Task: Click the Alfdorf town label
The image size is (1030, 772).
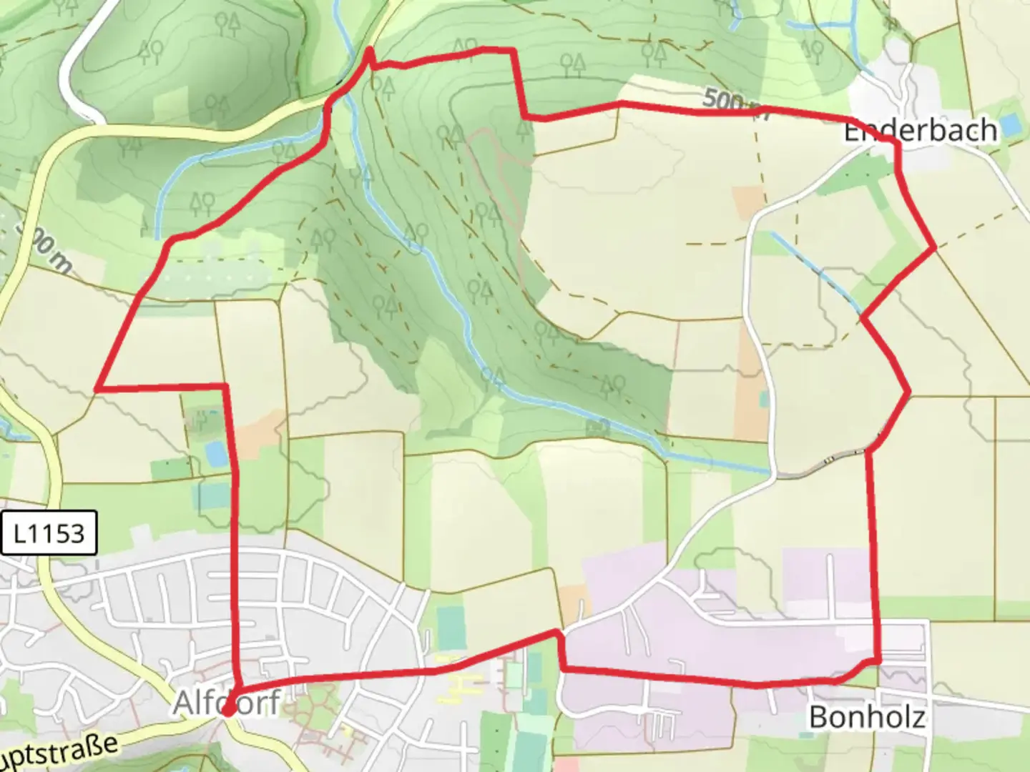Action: (x=226, y=703)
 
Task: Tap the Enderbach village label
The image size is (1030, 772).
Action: (x=920, y=131)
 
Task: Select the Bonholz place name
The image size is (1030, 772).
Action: (x=866, y=716)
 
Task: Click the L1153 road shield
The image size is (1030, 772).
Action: (x=49, y=533)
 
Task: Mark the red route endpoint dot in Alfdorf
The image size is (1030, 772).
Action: (x=227, y=711)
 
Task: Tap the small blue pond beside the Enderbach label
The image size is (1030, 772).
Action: (x=1010, y=125)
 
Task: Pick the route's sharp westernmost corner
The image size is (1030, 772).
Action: (x=97, y=388)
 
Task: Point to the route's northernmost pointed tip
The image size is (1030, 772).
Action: (x=369, y=49)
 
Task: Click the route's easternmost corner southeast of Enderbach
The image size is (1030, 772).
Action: (x=934, y=247)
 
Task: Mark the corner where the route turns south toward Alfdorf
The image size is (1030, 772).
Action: (x=226, y=387)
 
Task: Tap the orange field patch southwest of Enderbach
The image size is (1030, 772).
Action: (x=748, y=202)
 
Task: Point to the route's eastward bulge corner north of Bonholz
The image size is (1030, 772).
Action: (x=908, y=391)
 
